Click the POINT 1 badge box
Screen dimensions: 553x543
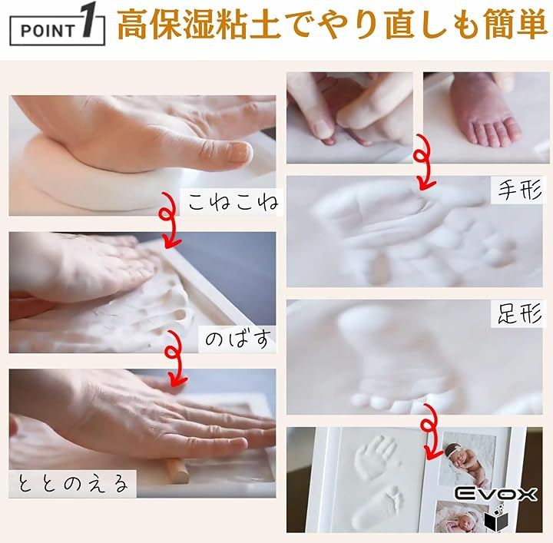coord(57,30)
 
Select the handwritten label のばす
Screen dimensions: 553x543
coord(238,339)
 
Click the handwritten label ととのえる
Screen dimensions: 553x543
coord(72,483)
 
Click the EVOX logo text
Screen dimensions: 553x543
coord(495,494)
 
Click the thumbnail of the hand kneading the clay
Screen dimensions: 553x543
coord(143,155)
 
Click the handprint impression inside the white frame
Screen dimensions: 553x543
coord(376,457)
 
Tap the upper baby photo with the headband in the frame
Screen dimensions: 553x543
coord(465,459)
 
